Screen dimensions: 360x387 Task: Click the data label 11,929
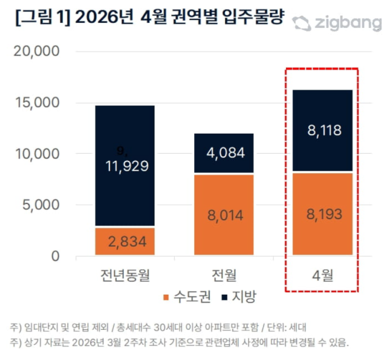coord(125,165)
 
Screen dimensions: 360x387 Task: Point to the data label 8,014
coord(224,214)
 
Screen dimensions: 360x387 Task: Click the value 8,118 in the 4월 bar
coord(322,128)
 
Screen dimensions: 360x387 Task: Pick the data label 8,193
coord(322,214)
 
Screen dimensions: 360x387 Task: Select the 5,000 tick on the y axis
coord(40,205)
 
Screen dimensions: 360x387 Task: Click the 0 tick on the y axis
coord(55,257)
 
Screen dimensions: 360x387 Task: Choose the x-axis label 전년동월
coord(125,276)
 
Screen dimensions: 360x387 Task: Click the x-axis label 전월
coord(224,276)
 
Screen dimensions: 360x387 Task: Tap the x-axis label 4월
coord(322,276)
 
